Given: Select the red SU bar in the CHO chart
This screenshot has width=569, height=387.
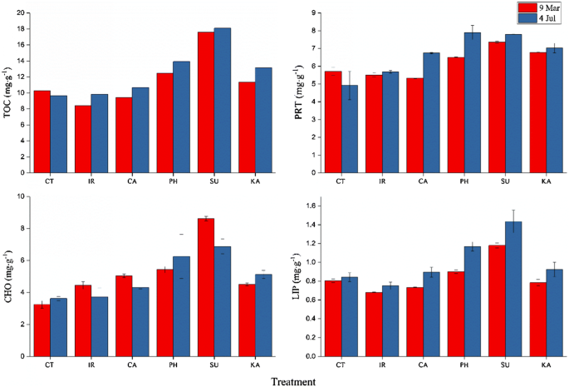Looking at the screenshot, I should point(206,287).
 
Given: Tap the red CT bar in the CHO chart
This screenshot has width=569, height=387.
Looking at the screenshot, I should point(42,330).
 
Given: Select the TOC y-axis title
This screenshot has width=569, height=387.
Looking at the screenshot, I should point(7,92).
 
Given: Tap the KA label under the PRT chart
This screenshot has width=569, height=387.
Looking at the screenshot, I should point(546,181).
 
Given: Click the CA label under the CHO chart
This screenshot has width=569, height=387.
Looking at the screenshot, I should point(132,365).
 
